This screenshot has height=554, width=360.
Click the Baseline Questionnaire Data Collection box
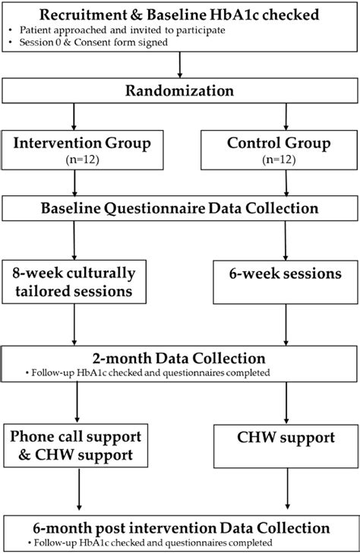click(x=180, y=207)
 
